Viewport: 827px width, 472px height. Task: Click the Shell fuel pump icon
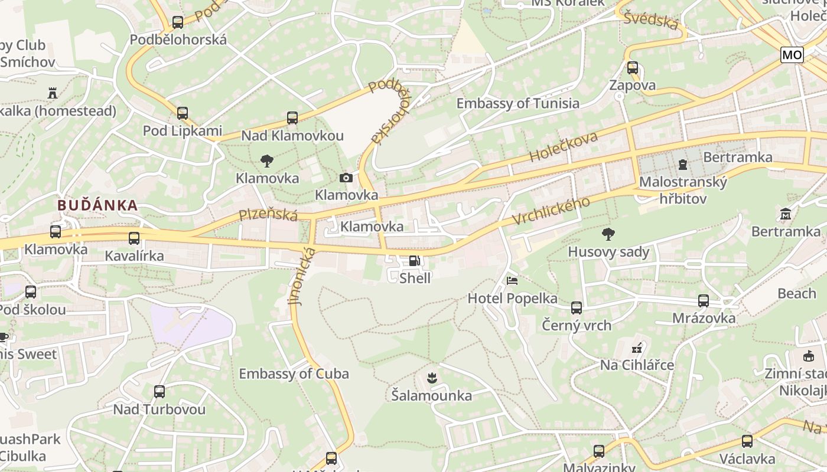click(415, 261)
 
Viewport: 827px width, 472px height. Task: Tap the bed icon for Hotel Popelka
click(512, 280)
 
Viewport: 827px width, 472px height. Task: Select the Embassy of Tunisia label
click(517, 103)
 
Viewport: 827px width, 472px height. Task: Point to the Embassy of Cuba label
click(294, 373)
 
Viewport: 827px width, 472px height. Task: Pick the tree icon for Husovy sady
click(608, 234)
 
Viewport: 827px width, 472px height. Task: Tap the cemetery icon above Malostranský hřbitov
click(683, 164)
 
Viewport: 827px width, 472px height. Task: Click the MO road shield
click(792, 55)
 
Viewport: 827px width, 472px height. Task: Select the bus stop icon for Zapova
click(633, 67)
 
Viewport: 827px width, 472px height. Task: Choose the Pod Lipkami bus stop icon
click(182, 113)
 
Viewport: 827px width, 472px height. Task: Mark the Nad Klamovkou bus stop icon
click(292, 117)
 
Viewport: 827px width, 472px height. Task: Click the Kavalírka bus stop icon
click(134, 238)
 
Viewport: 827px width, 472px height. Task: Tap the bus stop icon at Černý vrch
click(577, 307)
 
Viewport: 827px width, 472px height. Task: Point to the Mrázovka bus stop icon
click(704, 301)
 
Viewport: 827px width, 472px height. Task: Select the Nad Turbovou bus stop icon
click(159, 391)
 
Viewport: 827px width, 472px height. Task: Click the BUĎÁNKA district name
click(97, 205)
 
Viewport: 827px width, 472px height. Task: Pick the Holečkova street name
click(564, 147)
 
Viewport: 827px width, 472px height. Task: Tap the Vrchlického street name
click(551, 211)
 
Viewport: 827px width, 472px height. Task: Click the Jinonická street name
click(302, 276)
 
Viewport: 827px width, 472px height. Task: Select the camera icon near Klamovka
click(346, 178)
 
